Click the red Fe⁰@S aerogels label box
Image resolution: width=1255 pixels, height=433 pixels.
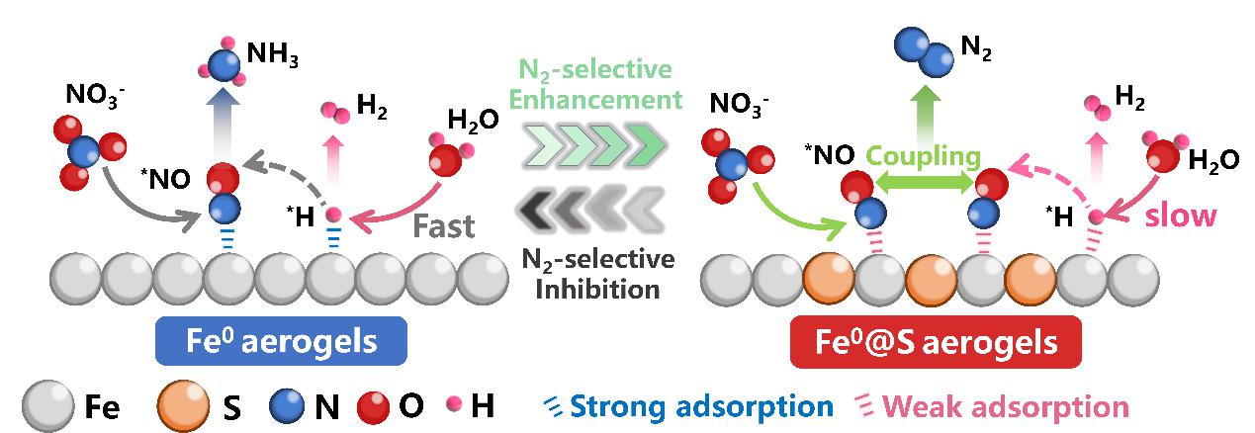coord(936,343)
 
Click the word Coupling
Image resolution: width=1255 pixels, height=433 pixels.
coord(924,156)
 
